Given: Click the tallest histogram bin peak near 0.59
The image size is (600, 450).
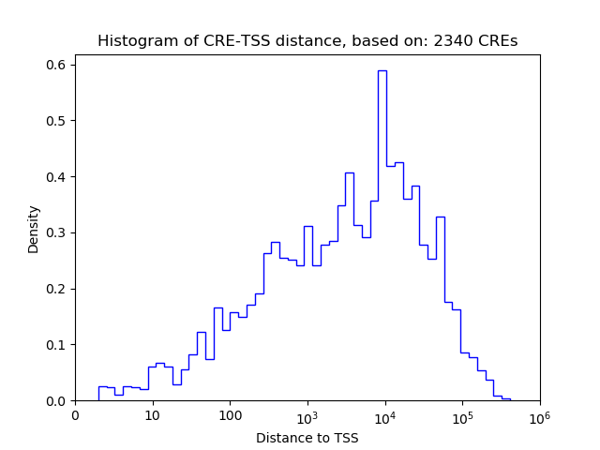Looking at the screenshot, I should tap(382, 70).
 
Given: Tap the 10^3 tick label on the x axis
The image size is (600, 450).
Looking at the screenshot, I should tap(307, 415).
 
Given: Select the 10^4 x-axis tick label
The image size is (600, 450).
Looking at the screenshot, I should tap(385, 415).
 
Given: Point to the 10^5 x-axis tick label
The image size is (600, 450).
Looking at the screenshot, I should tap(462, 415).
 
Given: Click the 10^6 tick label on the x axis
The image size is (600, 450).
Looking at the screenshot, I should tap(540, 415).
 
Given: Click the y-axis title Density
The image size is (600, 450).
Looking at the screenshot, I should tap(34, 229).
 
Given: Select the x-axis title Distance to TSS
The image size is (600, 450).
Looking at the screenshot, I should tap(307, 437).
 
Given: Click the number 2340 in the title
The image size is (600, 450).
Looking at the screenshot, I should tap(452, 41).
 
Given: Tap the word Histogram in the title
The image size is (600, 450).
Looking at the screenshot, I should tap(132, 41).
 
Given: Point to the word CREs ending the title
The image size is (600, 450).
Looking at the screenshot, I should tap(496, 41).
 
